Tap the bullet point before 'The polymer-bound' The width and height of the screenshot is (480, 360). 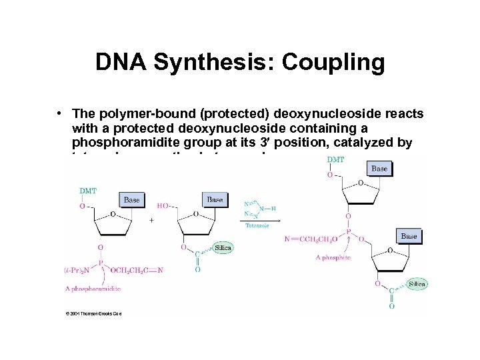point(61,114)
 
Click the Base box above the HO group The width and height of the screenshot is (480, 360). point(215,199)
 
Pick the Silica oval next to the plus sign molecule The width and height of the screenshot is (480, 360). point(223,248)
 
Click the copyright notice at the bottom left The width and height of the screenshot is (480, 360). point(93,313)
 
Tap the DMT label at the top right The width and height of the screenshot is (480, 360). point(337,160)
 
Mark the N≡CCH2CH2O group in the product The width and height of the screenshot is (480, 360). point(311,239)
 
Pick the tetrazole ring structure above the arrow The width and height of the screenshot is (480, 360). point(257,208)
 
